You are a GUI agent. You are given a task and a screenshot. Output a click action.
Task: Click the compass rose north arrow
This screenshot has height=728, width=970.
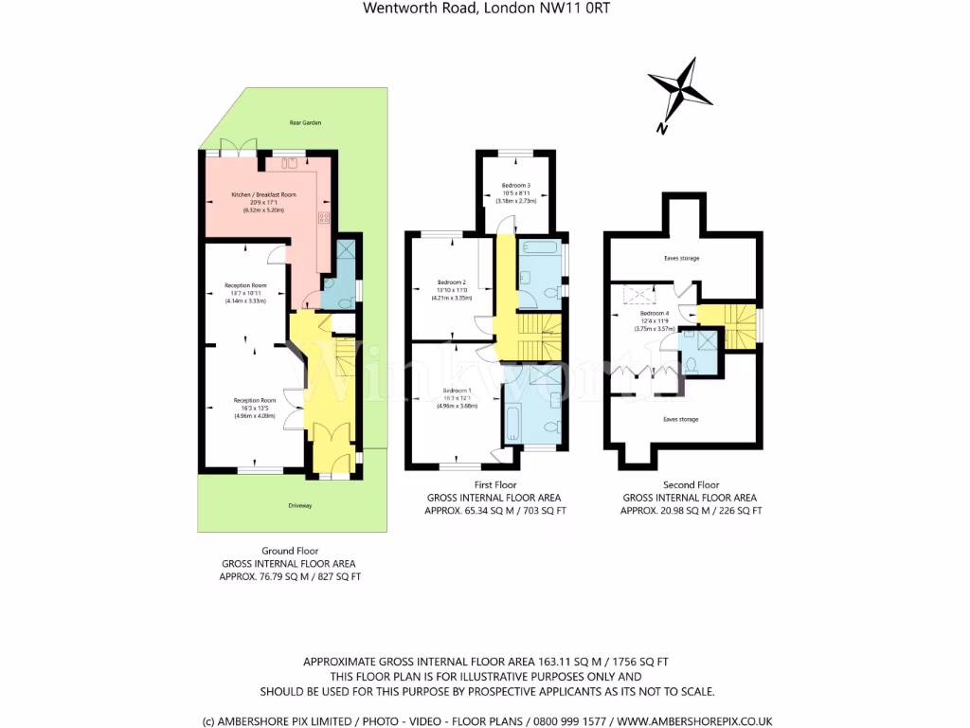[x=680, y=89]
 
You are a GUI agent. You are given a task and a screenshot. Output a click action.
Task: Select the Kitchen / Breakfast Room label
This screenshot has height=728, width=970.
[x=264, y=194]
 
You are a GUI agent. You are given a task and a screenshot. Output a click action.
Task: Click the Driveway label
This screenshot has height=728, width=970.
[x=300, y=505]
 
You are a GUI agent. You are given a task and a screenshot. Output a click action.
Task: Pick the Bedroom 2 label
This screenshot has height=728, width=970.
[x=451, y=282]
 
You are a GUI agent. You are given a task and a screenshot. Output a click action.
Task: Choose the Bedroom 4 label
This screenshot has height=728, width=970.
[x=654, y=313]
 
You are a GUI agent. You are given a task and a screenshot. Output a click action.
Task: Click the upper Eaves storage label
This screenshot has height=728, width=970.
[x=680, y=256]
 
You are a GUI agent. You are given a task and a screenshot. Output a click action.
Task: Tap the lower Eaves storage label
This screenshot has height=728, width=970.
[x=680, y=418]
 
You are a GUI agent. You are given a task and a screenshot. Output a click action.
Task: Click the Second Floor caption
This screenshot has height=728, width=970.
[x=691, y=483]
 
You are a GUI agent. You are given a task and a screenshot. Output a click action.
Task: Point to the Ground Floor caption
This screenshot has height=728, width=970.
[x=290, y=550]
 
